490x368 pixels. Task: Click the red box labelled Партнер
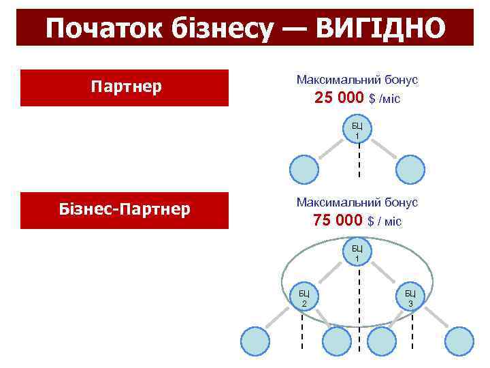125,88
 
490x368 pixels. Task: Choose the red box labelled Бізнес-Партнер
125,210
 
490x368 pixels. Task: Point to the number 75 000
338,220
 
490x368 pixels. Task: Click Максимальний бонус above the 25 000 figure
357,80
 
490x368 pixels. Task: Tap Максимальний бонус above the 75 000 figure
357,202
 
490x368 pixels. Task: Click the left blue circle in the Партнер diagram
304,170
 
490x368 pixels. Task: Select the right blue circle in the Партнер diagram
410,170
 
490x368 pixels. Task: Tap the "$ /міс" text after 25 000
385,99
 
